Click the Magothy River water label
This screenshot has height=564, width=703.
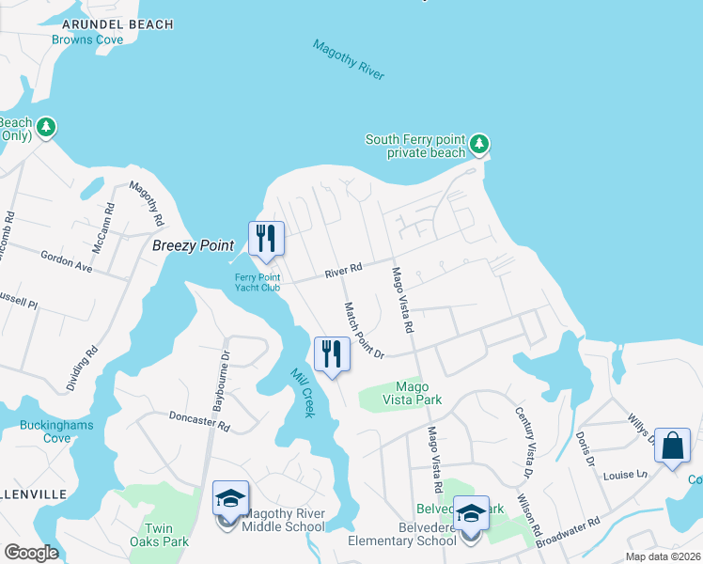click(x=349, y=59)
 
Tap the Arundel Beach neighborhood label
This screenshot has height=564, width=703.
click(x=117, y=23)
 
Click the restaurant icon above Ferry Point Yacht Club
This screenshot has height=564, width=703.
click(x=266, y=239)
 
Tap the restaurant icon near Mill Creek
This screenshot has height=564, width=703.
click(x=332, y=354)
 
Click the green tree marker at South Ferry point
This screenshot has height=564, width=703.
click(x=480, y=144)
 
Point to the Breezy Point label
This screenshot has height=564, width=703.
click(x=193, y=245)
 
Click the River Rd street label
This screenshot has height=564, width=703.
click(x=343, y=271)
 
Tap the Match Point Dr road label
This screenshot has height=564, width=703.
click(x=365, y=330)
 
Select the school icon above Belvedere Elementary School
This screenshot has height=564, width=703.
click(x=471, y=513)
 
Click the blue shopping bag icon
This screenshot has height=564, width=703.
click(x=673, y=446)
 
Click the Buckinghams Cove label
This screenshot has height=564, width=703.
click(x=44, y=431)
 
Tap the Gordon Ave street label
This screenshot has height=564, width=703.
click(x=66, y=260)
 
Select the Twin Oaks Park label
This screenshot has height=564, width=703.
click(x=166, y=535)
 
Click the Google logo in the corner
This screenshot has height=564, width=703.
click(x=31, y=553)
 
